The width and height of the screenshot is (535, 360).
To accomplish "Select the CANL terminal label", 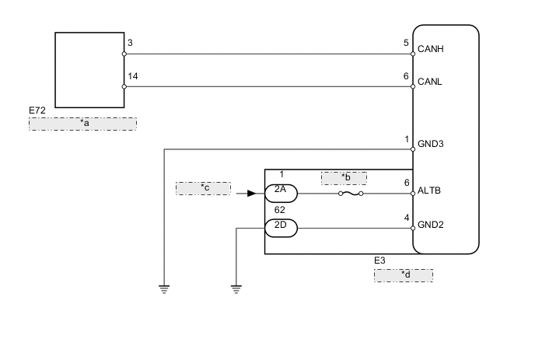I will [432, 80].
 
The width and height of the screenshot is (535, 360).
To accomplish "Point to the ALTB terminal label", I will [432, 190].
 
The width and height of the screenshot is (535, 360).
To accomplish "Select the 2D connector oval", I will [281, 228].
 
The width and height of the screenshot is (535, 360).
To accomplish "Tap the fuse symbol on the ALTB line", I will [349, 194].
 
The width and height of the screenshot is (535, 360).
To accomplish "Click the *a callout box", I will [83, 124].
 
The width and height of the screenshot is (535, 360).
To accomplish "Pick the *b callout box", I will [343, 178].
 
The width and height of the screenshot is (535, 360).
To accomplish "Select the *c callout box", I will [203, 188].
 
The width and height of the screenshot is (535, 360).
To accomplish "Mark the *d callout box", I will [404, 274].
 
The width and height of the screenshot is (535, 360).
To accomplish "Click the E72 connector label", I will [37, 111].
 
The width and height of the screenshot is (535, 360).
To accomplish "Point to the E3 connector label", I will [380, 262].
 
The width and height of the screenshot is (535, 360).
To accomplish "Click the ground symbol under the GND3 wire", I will [164, 289].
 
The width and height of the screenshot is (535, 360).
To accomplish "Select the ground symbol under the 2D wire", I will [236, 289].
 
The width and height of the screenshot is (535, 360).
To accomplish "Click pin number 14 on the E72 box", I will [131, 75].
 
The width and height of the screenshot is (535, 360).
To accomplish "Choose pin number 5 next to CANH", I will [406, 44].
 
